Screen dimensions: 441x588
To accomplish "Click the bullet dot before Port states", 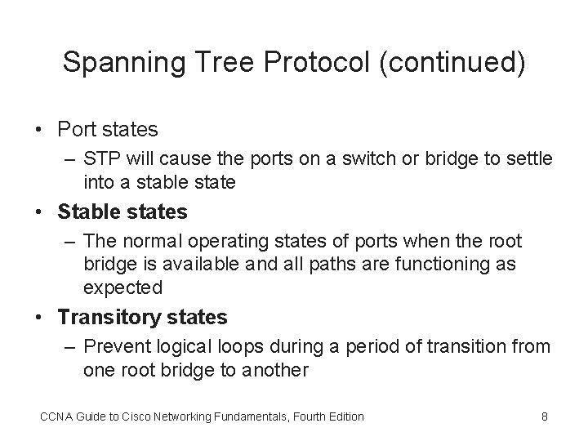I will [x=38, y=130].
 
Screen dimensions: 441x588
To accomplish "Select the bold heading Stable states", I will [x=122, y=212].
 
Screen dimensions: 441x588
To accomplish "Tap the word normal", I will [x=146, y=241].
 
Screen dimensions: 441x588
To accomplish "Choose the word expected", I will [x=122, y=287].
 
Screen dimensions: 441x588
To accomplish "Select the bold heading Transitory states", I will [x=143, y=317].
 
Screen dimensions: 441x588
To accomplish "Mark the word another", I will [x=275, y=370].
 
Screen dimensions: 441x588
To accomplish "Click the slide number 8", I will [x=544, y=416].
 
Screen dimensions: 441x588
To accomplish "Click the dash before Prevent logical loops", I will [x=69, y=346].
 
